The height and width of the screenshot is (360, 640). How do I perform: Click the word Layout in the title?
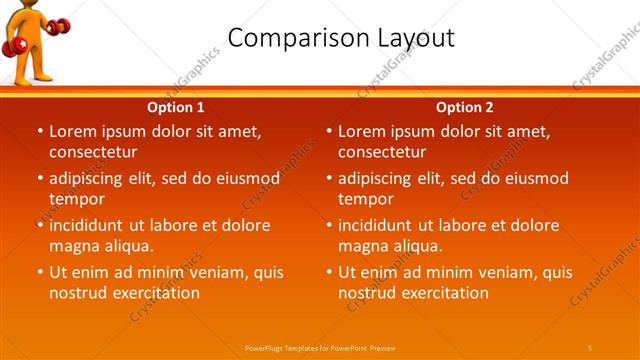point(416,38)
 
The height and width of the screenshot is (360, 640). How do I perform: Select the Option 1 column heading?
point(176,107)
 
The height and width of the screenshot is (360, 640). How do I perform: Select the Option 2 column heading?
point(465,107)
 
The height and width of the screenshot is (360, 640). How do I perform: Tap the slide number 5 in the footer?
point(590,347)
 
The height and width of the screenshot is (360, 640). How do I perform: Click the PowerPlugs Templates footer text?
point(320,347)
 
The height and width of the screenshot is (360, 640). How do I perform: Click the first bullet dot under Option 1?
point(40,131)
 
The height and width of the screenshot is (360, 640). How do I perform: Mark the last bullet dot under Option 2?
point(329,272)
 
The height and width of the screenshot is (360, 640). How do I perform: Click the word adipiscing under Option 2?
point(379,179)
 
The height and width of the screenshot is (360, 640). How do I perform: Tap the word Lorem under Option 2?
point(361,131)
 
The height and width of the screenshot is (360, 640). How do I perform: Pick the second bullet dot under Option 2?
point(329,179)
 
